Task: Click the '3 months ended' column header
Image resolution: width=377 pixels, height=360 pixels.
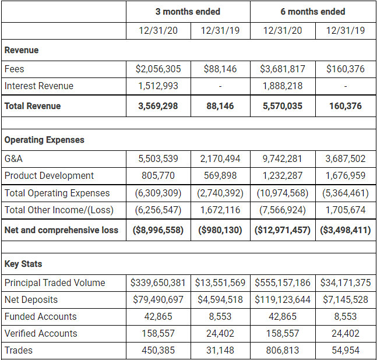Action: coord(188,12)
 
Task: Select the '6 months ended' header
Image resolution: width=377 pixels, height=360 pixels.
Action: coord(313,12)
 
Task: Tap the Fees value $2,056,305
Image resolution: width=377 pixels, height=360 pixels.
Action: coord(158,69)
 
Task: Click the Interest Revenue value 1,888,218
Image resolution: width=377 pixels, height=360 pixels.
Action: coord(283,86)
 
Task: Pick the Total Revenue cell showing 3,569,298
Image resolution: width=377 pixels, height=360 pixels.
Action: coord(158,106)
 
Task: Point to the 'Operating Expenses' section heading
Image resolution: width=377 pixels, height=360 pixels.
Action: coord(44,140)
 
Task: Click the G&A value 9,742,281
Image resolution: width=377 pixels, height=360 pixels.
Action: coord(283,158)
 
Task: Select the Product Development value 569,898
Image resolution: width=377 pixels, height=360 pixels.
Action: coord(220,175)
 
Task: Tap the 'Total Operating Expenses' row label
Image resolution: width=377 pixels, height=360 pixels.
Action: coord(57,193)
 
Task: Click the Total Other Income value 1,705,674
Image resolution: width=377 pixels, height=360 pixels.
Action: coord(346,210)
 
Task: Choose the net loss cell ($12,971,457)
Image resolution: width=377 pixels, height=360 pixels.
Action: coord(283,230)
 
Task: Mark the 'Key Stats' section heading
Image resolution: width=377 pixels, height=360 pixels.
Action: coord(23,264)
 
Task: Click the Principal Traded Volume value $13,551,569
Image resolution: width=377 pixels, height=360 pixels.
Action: coord(220,283)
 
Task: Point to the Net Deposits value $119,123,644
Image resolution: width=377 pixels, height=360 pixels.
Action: coord(283,299)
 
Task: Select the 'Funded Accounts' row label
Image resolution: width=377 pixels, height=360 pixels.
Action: coord(40,316)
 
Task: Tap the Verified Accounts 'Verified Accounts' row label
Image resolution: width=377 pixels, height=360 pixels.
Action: coord(41,333)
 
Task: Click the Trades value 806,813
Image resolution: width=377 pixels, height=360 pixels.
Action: coord(283,350)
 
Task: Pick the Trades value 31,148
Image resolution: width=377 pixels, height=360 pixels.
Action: coord(220,350)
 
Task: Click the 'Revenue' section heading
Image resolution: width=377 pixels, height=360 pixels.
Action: coord(22,50)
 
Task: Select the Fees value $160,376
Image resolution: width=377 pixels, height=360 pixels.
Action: coord(346,69)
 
